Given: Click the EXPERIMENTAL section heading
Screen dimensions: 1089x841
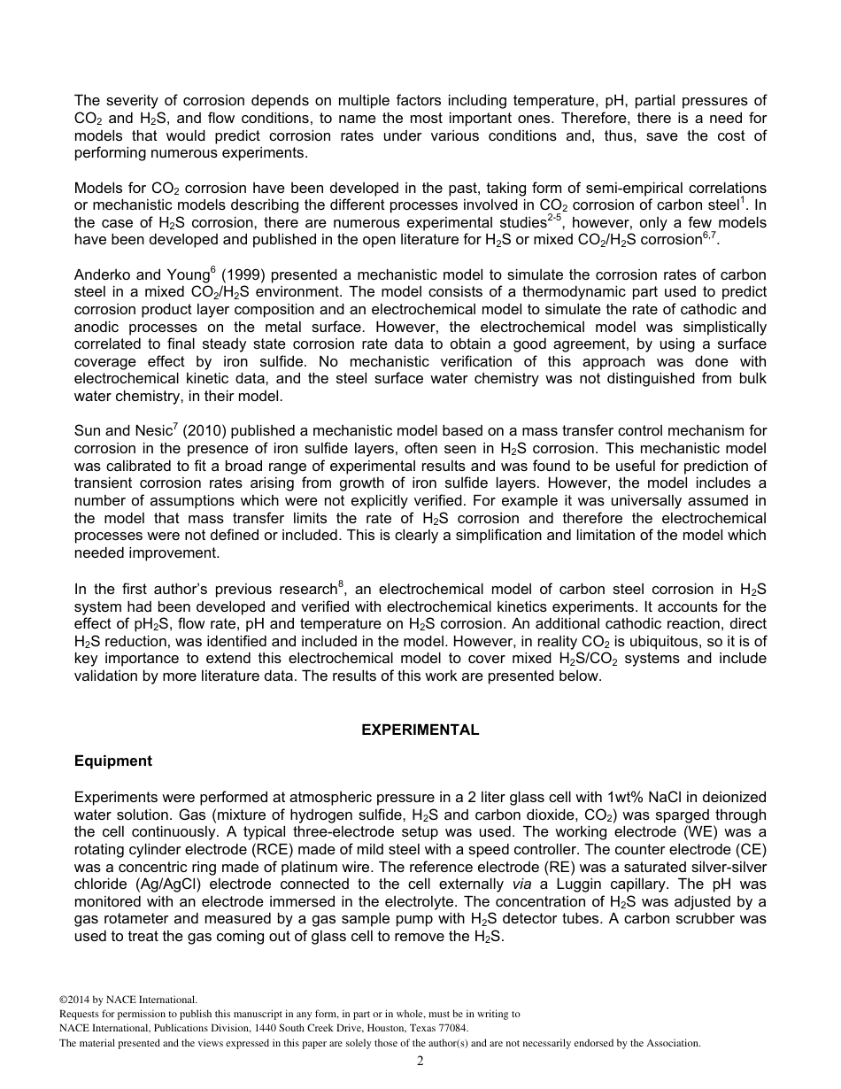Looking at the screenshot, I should click(420, 730).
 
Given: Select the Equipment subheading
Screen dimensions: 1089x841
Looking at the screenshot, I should click(112, 761).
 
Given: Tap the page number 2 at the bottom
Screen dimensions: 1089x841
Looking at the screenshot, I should click(420, 1062).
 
